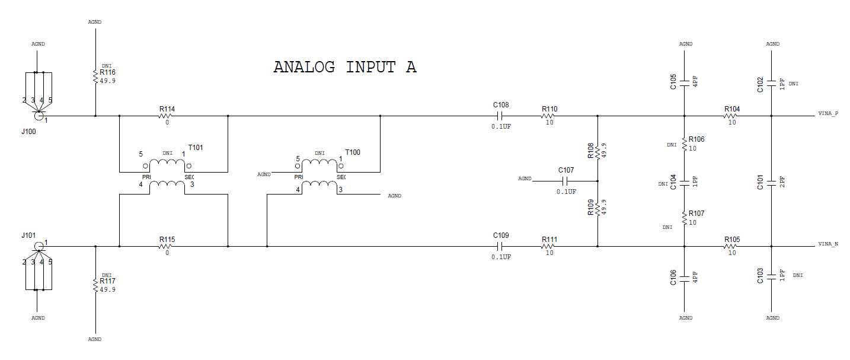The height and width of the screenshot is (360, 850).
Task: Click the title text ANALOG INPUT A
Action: (x=345, y=67)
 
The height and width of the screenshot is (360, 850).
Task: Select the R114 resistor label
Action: (x=167, y=109)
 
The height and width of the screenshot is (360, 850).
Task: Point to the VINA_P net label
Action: (x=828, y=113)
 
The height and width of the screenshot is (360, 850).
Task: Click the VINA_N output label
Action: (x=828, y=244)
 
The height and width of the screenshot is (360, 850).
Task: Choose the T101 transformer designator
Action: (x=196, y=147)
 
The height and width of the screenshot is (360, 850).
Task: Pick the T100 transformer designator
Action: (x=353, y=152)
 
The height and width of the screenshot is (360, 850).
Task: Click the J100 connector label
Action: (x=28, y=132)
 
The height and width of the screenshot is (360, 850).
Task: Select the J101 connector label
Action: (x=28, y=235)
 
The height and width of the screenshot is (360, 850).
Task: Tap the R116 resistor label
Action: (x=107, y=72)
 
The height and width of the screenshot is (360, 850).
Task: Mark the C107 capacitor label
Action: (x=566, y=170)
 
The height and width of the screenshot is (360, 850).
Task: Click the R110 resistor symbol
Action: (x=548, y=116)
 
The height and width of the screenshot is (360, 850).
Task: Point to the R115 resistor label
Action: (x=167, y=240)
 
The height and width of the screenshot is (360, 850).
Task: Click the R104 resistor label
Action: (x=732, y=109)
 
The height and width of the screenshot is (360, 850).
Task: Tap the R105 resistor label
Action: (x=732, y=240)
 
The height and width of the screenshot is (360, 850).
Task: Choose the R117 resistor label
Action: (x=107, y=281)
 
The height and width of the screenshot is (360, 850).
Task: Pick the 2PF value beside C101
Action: (x=782, y=182)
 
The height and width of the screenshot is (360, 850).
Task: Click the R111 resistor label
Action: (x=549, y=240)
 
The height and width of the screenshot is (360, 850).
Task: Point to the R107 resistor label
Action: (x=696, y=214)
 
